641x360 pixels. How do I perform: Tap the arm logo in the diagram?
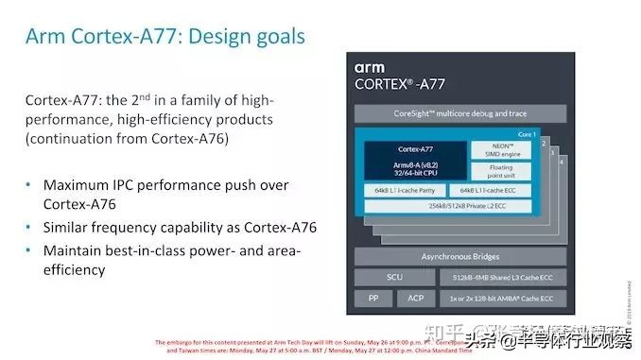point(370,68)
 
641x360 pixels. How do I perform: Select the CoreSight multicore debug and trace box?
point(460,114)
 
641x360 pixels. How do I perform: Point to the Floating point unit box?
point(501,171)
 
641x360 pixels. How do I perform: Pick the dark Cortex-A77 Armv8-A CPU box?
point(415,162)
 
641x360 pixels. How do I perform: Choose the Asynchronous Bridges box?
point(460,256)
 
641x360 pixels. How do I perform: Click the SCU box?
point(394,278)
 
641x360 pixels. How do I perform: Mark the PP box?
point(372,300)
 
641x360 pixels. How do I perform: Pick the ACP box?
point(416,300)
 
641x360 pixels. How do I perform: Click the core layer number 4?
point(563,161)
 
